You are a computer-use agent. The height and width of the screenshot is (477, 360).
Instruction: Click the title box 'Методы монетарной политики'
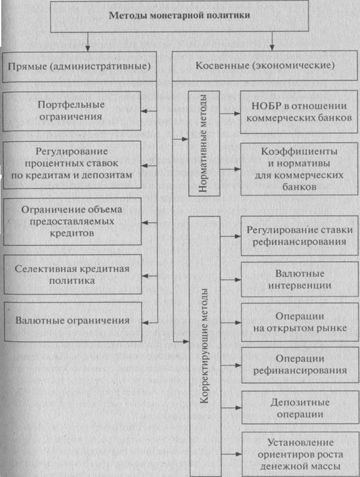point(180,16)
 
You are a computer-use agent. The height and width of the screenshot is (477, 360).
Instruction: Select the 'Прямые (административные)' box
point(79,67)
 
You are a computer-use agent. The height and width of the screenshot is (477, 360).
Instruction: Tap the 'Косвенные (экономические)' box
point(265,66)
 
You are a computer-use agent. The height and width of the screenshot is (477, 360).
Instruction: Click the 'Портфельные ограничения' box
point(72,111)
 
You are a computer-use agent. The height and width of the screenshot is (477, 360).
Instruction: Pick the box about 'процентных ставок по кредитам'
point(72,164)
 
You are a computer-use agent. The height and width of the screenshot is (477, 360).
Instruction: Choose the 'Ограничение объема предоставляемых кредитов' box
point(72,222)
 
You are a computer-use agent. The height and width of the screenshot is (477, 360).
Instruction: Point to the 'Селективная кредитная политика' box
point(73,274)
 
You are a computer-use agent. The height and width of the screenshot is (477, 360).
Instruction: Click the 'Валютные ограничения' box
point(73,322)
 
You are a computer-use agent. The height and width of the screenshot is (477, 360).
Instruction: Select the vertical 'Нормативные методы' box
point(204,143)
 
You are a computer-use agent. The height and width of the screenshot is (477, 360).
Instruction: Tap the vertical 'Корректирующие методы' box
point(205,346)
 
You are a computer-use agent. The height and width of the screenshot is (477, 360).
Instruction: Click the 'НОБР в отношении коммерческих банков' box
point(299,112)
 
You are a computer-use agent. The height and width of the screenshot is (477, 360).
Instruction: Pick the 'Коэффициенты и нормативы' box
point(300,169)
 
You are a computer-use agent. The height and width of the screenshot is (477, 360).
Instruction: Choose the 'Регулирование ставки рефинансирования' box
point(300,236)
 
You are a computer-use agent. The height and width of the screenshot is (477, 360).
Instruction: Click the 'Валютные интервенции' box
point(300,279)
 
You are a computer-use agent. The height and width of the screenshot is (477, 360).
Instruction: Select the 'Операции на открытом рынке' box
point(300,322)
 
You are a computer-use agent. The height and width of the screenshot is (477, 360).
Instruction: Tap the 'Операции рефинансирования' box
point(300,365)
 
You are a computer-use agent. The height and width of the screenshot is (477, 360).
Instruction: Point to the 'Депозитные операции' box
point(300,408)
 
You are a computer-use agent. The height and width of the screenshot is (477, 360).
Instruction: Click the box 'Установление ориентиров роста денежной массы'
point(301,455)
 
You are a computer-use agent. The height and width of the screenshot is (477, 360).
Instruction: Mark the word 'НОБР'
point(263,106)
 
